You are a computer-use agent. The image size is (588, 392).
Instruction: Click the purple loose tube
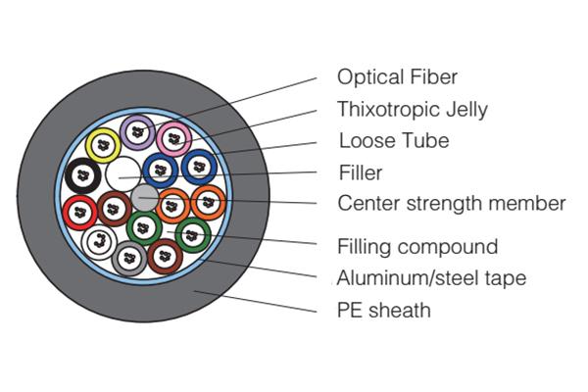pos(138,129)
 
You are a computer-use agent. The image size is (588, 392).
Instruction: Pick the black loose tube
pos(82,176)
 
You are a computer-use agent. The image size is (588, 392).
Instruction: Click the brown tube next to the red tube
pos(113,208)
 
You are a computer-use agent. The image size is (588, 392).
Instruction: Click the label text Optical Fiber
pos(397,76)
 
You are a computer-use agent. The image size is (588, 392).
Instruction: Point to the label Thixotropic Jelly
pos(412,109)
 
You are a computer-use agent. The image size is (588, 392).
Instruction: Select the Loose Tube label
pos(393,140)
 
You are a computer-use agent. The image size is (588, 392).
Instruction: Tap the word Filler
pos(360,173)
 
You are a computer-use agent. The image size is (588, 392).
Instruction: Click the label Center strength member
pos(451,204)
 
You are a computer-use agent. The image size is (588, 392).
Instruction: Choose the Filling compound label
pos(416,246)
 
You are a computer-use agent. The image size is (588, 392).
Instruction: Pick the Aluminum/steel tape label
pos(431,278)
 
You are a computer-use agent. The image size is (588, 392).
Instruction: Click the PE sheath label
pos(383,311)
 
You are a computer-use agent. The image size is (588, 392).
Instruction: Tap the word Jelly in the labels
pos(465,109)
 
